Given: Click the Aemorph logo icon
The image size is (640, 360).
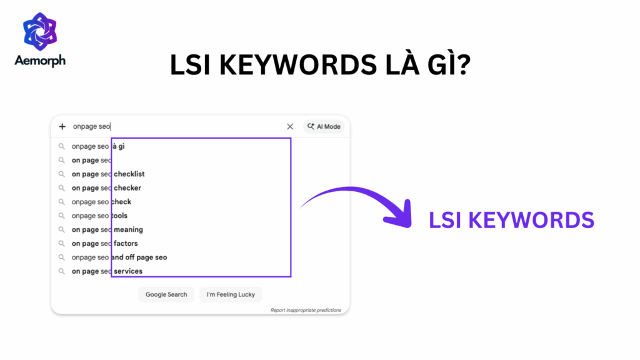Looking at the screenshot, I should tap(39, 32).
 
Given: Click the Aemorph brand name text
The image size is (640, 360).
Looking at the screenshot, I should tap(39, 61).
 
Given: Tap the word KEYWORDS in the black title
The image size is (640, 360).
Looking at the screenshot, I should tap(281, 65).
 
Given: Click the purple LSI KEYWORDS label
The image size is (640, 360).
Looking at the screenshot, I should tap(511, 220).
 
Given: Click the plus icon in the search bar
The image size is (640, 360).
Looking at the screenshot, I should tap(62, 126).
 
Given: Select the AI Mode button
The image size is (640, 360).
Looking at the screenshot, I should tap(324, 126).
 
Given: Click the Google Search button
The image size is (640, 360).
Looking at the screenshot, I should tap(166, 294).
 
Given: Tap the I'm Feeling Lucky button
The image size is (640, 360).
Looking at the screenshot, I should tap(231, 294).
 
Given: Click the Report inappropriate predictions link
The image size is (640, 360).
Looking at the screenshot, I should tap(306, 310).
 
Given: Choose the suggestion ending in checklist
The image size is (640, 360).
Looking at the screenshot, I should tap(108, 174).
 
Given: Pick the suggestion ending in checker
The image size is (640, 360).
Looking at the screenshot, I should tap(106, 188).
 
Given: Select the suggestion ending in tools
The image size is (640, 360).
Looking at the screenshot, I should tap(99, 216).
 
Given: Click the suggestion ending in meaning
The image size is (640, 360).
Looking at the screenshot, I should tap(107, 229).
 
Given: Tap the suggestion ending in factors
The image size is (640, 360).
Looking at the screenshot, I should tap(104, 243).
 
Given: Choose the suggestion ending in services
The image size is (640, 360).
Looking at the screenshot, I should tap(107, 271).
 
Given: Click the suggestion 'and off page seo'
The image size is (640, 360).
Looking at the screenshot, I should tap(119, 257).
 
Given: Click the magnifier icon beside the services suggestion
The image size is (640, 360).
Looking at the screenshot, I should tap(61, 271).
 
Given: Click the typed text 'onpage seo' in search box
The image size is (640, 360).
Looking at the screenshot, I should tap(91, 126).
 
